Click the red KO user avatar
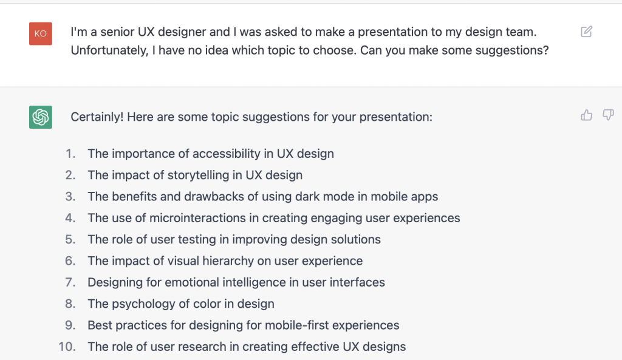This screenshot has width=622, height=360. (41, 33)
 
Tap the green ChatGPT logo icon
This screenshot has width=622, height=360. (41, 117)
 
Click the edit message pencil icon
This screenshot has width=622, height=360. (586, 32)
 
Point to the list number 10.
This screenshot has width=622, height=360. (67, 347)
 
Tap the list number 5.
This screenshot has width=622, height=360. (70, 240)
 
